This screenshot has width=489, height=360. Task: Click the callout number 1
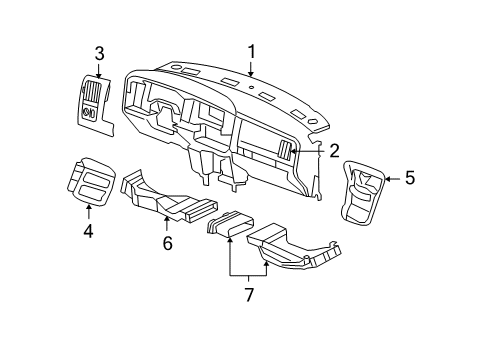pyautogui.click(x=252, y=51)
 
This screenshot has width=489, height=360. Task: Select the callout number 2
pyautogui.click(x=334, y=150)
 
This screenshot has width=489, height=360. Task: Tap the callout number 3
pyautogui.click(x=100, y=53)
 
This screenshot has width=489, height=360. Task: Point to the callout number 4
pyautogui.click(x=89, y=230)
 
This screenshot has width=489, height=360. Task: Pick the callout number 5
pyautogui.click(x=409, y=179)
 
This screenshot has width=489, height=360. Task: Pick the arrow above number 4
pyautogui.click(x=89, y=210)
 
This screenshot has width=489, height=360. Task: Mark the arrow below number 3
pyautogui.click(x=100, y=70)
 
